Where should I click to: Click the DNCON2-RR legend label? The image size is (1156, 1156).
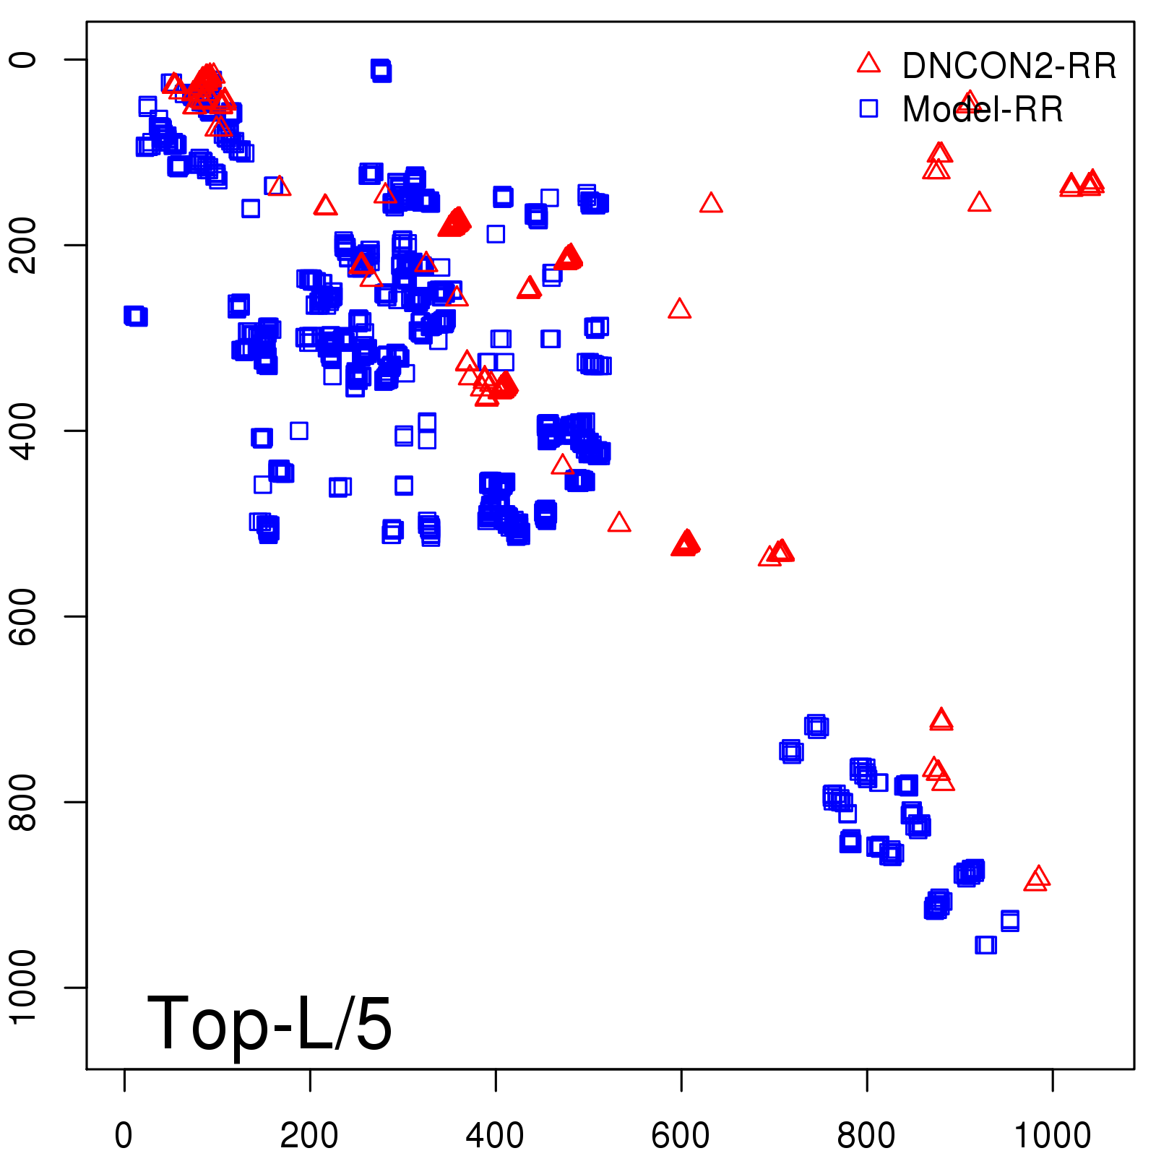[1009, 66]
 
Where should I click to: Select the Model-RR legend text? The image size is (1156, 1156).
[983, 110]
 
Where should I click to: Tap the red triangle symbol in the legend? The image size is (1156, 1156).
[868, 64]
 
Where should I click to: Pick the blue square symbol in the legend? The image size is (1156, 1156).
[868, 108]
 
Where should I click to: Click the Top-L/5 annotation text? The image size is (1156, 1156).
[269, 1023]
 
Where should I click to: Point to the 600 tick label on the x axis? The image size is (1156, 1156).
[681, 1136]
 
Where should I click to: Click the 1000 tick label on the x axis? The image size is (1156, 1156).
[1053, 1136]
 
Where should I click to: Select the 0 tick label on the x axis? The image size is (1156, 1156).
[124, 1136]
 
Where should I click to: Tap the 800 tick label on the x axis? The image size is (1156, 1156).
[866, 1136]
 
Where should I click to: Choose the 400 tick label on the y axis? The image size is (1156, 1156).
[23, 431]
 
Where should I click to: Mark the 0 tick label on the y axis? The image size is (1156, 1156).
[23, 59]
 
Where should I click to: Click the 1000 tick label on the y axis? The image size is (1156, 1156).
[23, 987]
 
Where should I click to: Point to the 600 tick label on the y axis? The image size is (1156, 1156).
[23, 616]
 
